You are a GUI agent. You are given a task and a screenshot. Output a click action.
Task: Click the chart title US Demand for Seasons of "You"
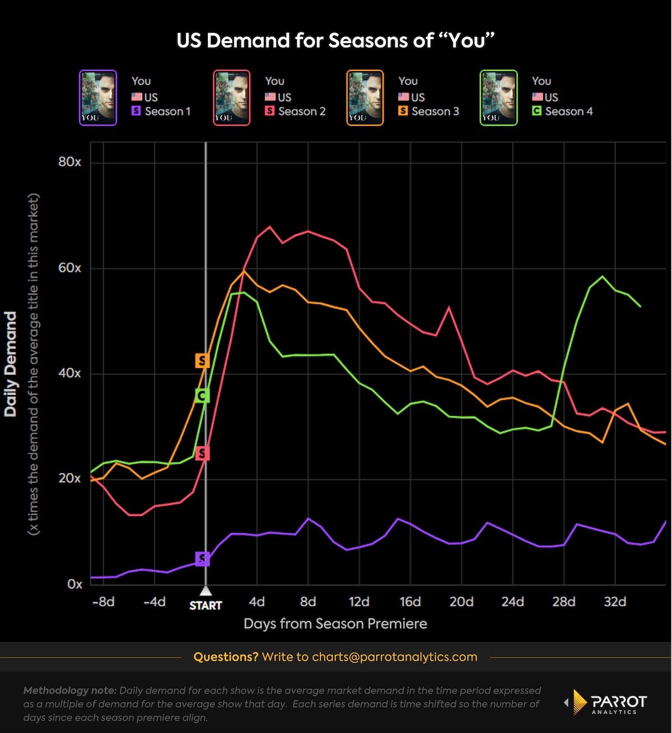coord(335,40)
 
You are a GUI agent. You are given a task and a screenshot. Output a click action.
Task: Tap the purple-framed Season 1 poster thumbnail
coord(98,98)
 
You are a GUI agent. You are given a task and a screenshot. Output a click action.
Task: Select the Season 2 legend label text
coord(302,112)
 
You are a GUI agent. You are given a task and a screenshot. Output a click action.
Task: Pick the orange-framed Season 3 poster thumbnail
coord(365,98)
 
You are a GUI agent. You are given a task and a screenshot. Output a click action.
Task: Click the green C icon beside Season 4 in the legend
coord(536,112)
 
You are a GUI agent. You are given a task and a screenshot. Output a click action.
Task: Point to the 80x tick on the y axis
coord(69,162)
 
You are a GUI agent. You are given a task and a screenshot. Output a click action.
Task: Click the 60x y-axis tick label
coord(69,268)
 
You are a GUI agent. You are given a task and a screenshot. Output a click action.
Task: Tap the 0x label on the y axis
coord(74,584)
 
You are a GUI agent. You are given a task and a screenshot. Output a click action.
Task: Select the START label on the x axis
coord(206,605)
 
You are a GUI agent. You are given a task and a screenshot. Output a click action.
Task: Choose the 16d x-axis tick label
coord(410,602)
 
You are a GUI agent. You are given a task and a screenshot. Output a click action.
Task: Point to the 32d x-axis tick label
coord(615,602)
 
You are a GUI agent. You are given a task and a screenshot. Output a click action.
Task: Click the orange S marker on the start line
coord(202,360)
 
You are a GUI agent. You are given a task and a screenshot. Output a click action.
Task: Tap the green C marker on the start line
coord(202,396)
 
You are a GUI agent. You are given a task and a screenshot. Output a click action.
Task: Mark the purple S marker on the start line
coord(202,559)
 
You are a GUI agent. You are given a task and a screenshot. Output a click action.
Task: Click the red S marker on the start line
coord(202,453)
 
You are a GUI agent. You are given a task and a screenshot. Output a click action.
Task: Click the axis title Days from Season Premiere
coord(335,624)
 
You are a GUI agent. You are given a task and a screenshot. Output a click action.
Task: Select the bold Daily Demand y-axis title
coord(11,364)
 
